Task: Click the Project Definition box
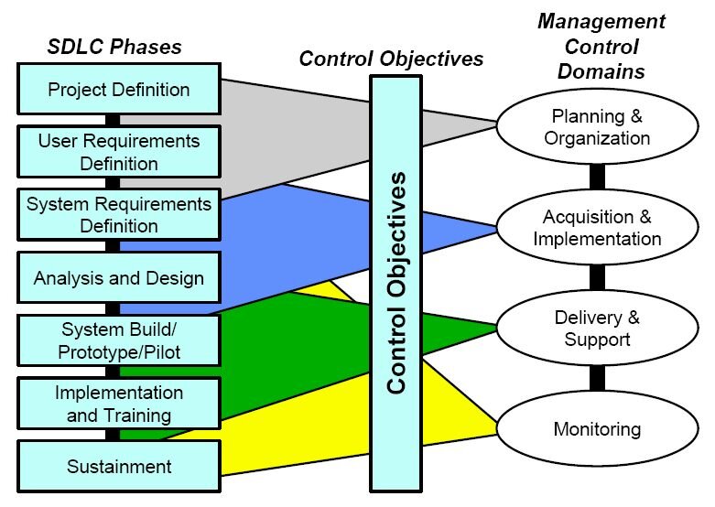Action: (119, 90)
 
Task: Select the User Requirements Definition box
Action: (119, 152)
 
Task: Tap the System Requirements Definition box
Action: (119, 214)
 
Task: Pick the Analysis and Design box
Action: (119, 277)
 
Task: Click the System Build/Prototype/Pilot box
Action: (119, 340)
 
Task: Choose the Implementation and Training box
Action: (119, 404)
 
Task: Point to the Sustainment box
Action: (119, 467)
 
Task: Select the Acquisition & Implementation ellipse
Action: (601, 228)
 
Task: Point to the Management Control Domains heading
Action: (600, 46)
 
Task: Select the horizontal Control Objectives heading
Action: (391, 59)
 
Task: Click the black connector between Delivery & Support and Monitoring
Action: (597, 378)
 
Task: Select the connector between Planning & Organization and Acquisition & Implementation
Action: (597, 178)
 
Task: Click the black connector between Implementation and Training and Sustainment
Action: (113, 435)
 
